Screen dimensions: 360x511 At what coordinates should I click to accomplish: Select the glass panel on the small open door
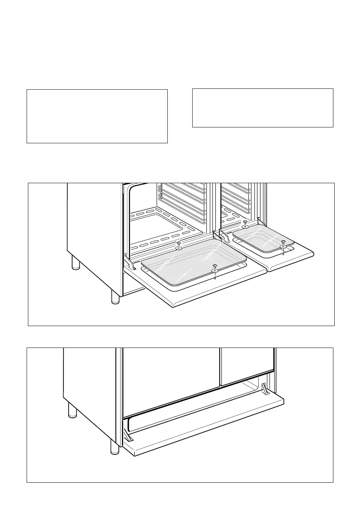(x=263, y=239)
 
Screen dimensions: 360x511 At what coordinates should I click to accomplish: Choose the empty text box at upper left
(x=97, y=116)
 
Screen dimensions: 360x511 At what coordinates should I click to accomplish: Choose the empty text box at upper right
(x=263, y=108)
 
